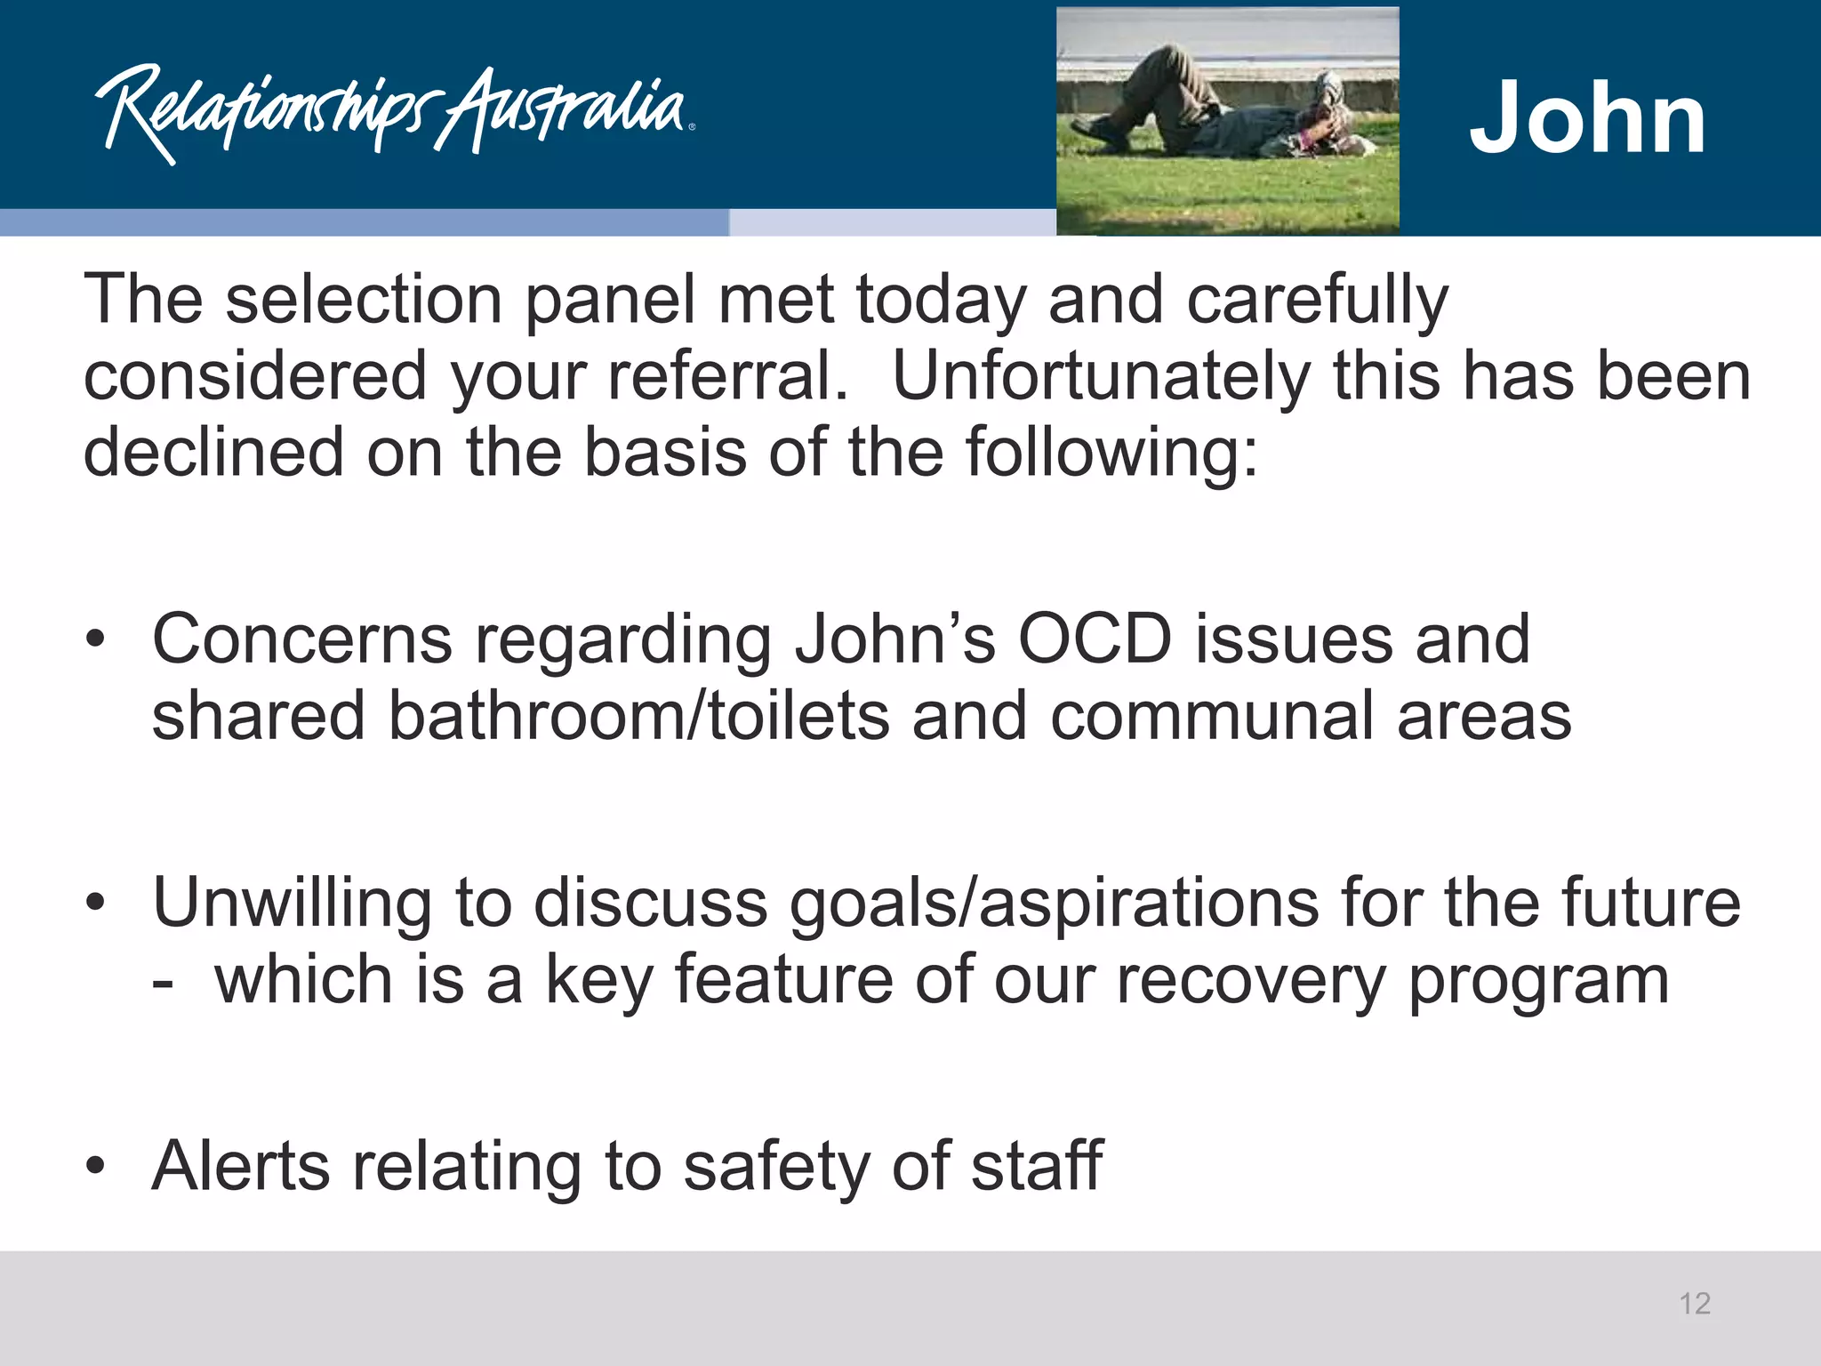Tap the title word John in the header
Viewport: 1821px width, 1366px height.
coord(1587,118)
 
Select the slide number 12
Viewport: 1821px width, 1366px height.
coord(1695,1304)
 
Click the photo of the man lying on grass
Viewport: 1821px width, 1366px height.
coord(1227,122)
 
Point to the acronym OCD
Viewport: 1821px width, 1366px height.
coord(1095,639)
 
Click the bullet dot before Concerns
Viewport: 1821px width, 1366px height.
coord(96,639)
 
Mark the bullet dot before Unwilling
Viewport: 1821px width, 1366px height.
coord(96,904)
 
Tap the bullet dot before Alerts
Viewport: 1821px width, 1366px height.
coord(96,1166)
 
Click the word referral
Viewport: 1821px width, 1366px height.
coord(728,376)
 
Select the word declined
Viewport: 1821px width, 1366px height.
coord(213,453)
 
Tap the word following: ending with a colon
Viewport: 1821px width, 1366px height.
coord(1112,453)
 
